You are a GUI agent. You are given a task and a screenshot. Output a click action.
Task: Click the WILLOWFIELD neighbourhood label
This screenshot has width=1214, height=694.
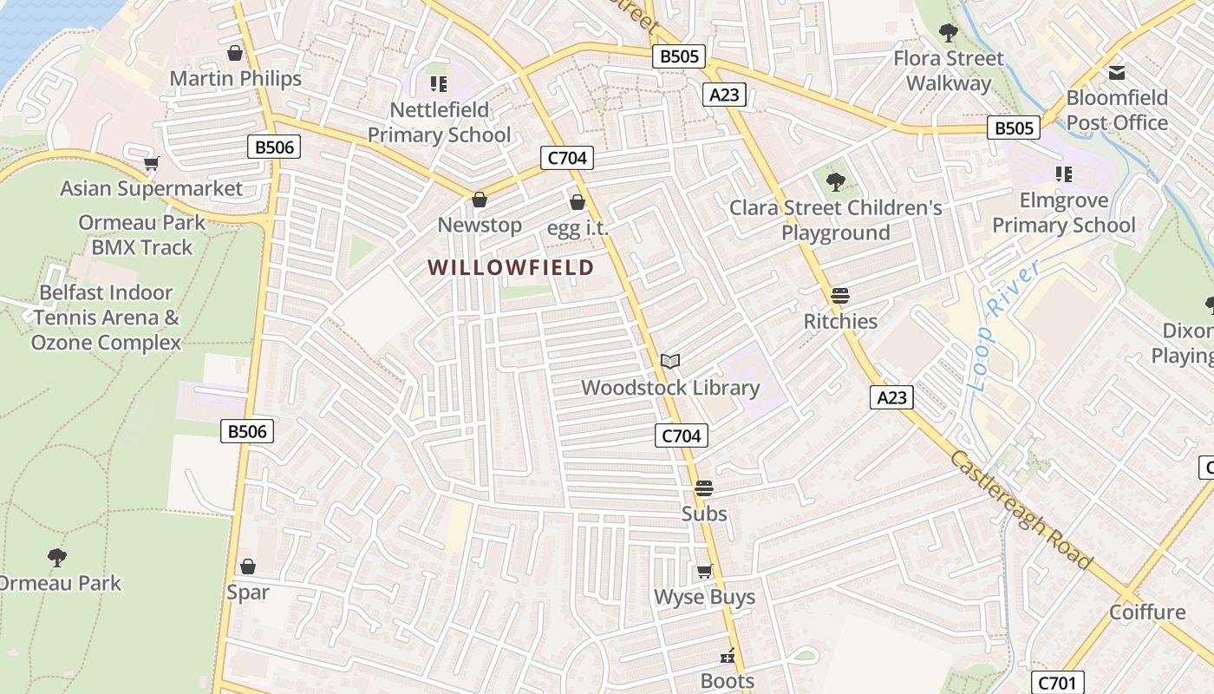(x=511, y=267)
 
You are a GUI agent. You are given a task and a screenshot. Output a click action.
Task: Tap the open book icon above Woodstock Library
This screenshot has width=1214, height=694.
(x=670, y=361)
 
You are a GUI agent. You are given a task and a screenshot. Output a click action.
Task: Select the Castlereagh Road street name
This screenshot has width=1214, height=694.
(x=1021, y=510)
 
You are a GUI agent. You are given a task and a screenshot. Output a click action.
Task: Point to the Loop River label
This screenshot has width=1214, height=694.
(x=1002, y=326)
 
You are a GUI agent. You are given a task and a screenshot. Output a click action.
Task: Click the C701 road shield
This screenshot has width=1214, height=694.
(x=1057, y=683)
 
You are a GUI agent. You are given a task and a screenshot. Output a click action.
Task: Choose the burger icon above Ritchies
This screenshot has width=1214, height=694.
(x=839, y=296)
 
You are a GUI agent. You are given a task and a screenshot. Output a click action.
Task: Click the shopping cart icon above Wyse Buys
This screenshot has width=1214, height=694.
(x=704, y=572)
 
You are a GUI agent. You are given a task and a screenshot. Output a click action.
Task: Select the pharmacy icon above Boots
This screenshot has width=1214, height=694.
(x=728, y=656)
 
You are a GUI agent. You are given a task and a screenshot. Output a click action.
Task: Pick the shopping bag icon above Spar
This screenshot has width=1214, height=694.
(x=248, y=566)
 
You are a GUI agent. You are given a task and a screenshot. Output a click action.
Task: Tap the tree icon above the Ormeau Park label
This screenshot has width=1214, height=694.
(x=57, y=557)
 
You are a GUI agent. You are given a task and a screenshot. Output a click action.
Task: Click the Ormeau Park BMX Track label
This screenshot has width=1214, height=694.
(x=142, y=235)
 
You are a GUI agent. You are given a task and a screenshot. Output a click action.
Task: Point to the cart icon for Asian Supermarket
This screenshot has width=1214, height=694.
(x=152, y=163)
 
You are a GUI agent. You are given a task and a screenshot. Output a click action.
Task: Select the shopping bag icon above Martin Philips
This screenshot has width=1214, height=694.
(x=235, y=53)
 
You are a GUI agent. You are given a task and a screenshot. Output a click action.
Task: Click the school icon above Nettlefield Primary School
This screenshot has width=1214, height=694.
(x=439, y=84)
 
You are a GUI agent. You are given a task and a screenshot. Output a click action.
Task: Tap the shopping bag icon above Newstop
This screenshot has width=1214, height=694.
(x=480, y=200)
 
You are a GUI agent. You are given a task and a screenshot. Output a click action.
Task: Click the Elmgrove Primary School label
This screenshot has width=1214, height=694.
(x=1064, y=213)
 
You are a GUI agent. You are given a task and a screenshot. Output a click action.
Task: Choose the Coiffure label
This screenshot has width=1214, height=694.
(x=1147, y=612)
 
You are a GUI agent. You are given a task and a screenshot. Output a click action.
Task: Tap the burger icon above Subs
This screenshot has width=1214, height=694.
(x=704, y=488)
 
